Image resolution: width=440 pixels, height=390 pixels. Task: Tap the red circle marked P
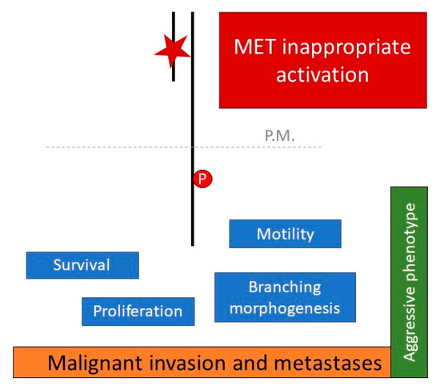[x=202, y=180]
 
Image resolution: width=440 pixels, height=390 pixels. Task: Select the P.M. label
[x=278, y=136]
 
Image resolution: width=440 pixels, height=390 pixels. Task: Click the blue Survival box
[x=82, y=265]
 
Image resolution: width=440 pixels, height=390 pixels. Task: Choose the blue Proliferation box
[x=138, y=312]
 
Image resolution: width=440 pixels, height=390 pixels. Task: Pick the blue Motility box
[x=285, y=234]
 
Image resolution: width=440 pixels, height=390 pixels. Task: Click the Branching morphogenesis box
[x=284, y=297]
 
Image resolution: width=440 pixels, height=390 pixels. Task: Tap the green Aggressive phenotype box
[x=411, y=282]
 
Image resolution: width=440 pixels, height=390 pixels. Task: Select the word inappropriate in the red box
[x=351, y=47]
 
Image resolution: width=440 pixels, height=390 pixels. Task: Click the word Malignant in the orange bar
[x=94, y=364]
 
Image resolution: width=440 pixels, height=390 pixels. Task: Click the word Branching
[x=284, y=287]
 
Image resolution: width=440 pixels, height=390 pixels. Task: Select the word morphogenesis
[x=284, y=308]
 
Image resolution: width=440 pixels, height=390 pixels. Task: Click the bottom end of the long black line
[x=192, y=243]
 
